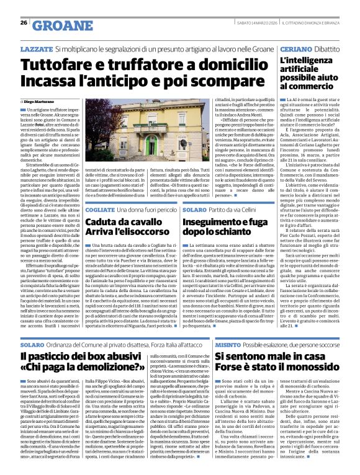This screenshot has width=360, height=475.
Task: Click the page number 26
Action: (24, 23)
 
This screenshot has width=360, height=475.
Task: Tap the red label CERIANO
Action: (294, 48)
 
